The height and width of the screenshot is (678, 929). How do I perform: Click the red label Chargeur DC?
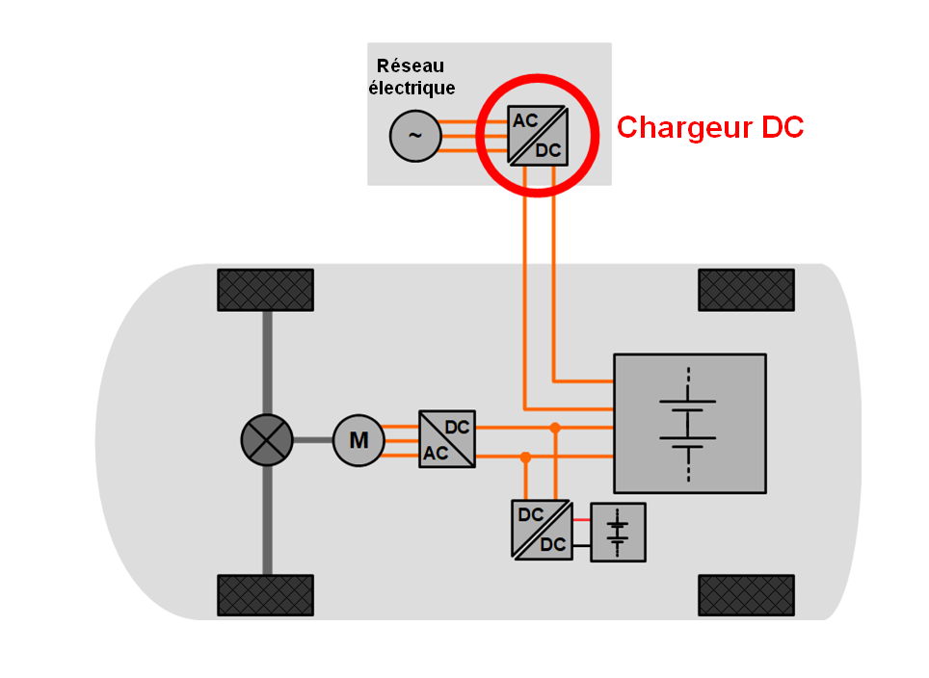click(x=710, y=127)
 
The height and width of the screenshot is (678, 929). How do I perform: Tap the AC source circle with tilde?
click(x=414, y=136)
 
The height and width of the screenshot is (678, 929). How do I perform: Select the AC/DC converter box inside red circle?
click(x=538, y=135)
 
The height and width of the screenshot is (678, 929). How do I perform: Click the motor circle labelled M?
click(x=358, y=440)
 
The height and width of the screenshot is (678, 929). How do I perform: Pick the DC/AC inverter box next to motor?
click(x=447, y=440)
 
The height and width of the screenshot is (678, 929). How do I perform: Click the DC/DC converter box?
click(x=542, y=529)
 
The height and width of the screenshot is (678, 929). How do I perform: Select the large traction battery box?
click(x=690, y=423)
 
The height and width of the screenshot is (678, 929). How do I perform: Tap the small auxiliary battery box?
click(x=618, y=532)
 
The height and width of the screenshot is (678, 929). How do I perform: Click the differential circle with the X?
click(x=266, y=440)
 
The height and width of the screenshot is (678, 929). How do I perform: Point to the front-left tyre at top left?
click(x=266, y=290)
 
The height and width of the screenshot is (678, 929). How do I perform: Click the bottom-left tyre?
click(x=266, y=595)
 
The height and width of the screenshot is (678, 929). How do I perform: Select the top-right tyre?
click(x=746, y=290)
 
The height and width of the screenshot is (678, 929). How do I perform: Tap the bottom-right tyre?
click(x=746, y=595)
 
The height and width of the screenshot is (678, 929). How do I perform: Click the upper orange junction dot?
click(x=555, y=427)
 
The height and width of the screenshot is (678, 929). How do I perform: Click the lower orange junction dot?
click(x=525, y=456)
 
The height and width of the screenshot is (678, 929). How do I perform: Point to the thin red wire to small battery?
click(x=581, y=520)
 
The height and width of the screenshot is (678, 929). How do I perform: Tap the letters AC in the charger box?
click(x=525, y=121)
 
